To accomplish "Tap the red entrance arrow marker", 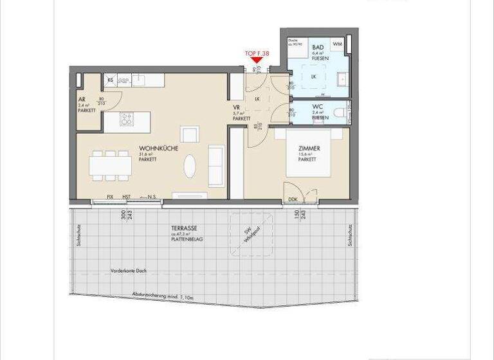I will tap(257, 61).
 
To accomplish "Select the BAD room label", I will tap(318, 48).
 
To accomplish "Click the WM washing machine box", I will tap(338, 44).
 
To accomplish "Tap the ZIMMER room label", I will tap(309, 148).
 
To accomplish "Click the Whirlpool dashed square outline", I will tap(252, 233).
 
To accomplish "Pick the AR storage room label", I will tap(82, 100).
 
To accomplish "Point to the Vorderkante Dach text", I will tap(129, 271).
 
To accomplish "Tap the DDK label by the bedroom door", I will tap(293, 199).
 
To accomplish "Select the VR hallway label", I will tap(236, 107).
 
